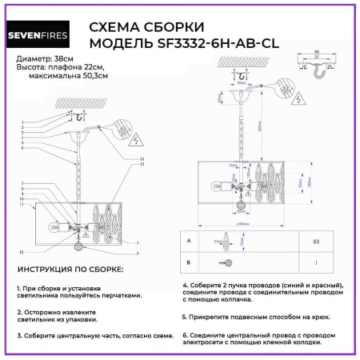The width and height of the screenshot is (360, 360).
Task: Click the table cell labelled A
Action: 187,240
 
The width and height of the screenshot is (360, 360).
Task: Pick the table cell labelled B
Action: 187,262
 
